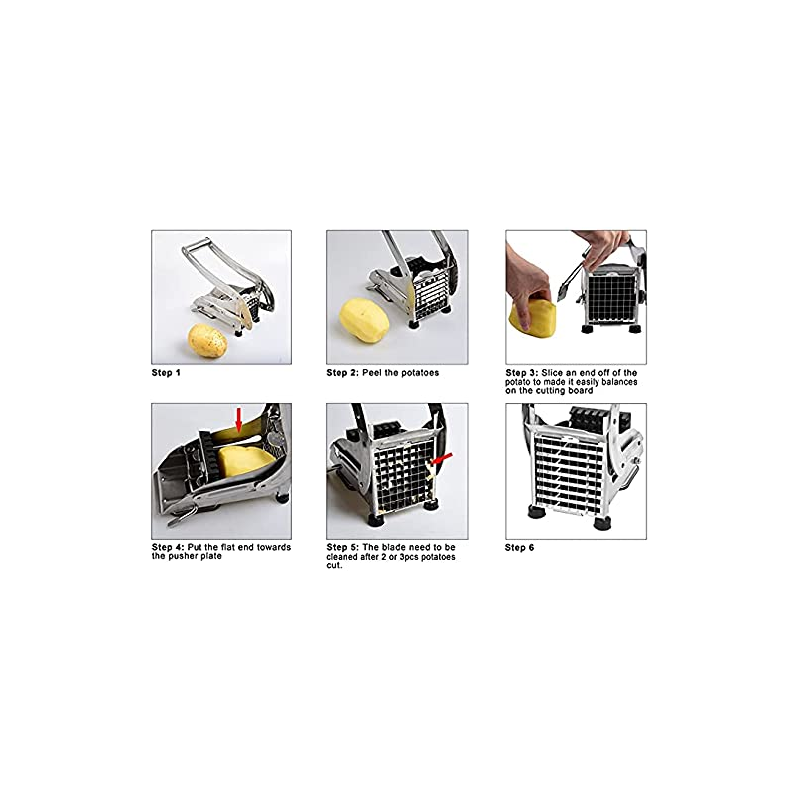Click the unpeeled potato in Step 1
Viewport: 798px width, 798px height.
(207, 341)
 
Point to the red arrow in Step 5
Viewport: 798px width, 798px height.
(441, 460)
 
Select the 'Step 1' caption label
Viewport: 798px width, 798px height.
(166, 373)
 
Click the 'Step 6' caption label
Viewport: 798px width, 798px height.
(519, 547)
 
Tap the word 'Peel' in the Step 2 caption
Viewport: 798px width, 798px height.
(372, 373)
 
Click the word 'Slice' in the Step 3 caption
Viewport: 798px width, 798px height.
(552, 373)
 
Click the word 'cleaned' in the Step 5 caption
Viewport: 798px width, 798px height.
(342, 557)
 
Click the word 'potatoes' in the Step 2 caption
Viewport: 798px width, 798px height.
(419, 373)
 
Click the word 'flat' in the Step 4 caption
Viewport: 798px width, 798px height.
(214, 547)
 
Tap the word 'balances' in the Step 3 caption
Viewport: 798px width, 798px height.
(619, 382)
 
